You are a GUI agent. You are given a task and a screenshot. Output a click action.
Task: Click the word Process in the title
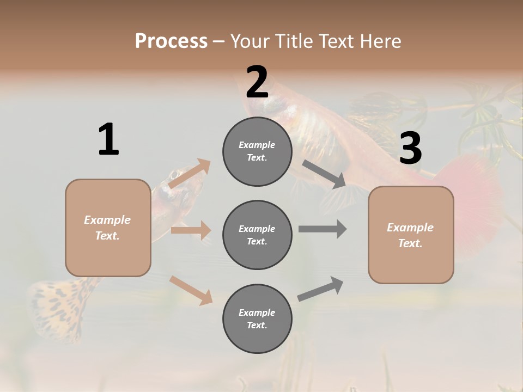(171, 41)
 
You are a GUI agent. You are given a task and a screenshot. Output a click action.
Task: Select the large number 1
(108, 140)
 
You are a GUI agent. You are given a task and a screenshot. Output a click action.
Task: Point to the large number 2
(257, 82)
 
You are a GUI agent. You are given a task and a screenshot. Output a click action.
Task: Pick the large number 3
(410, 149)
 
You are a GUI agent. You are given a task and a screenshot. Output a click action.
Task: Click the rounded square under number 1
(108, 228)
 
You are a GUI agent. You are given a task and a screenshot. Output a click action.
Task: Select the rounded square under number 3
(411, 235)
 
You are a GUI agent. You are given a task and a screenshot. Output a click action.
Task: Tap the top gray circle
(257, 151)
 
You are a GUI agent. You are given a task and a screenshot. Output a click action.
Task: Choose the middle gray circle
(257, 235)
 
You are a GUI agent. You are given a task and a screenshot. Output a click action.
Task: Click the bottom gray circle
(257, 318)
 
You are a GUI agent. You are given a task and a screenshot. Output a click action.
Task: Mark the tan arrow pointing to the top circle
(190, 174)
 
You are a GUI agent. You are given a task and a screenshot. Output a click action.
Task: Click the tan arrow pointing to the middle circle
(191, 230)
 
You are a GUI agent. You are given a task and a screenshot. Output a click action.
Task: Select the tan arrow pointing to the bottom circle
(191, 290)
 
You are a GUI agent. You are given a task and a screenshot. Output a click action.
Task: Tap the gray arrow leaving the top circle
(324, 174)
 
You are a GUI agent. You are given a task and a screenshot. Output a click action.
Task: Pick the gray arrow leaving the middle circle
(323, 229)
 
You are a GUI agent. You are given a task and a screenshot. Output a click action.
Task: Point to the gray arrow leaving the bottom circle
(320, 289)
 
